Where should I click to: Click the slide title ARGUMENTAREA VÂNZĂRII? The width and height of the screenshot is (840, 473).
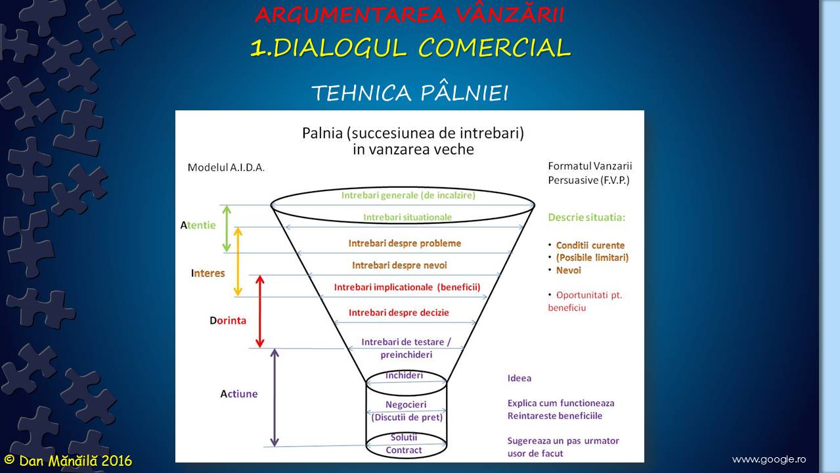(409, 14)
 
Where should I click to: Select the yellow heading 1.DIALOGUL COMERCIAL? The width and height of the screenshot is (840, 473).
(410, 48)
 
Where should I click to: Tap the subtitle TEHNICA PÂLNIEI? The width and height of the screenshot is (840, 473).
(410, 93)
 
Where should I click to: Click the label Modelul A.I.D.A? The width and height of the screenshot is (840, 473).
(226, 168)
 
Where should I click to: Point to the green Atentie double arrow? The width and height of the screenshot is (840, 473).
(227, 229)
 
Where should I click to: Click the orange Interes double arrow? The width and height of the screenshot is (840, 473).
(238, 261)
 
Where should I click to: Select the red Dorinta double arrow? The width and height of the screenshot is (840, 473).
(259, 311)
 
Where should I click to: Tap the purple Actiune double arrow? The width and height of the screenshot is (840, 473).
(275, 397)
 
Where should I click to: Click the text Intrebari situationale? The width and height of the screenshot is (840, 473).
(408, 217)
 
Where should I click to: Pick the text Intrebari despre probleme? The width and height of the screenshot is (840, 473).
(405, 243)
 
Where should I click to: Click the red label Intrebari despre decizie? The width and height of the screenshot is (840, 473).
(399, 313)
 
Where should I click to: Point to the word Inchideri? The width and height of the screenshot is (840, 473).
(404, 375)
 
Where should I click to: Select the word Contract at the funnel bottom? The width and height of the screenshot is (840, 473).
(404, 450)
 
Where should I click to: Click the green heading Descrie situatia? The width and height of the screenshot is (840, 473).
(586, 217)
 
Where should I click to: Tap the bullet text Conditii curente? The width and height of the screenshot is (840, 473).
(590, 246)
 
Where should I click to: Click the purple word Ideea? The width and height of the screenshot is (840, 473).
(519, 378)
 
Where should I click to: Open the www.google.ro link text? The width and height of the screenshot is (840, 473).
(768, 459)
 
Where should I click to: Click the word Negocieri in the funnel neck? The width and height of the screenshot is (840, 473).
(406, 405)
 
